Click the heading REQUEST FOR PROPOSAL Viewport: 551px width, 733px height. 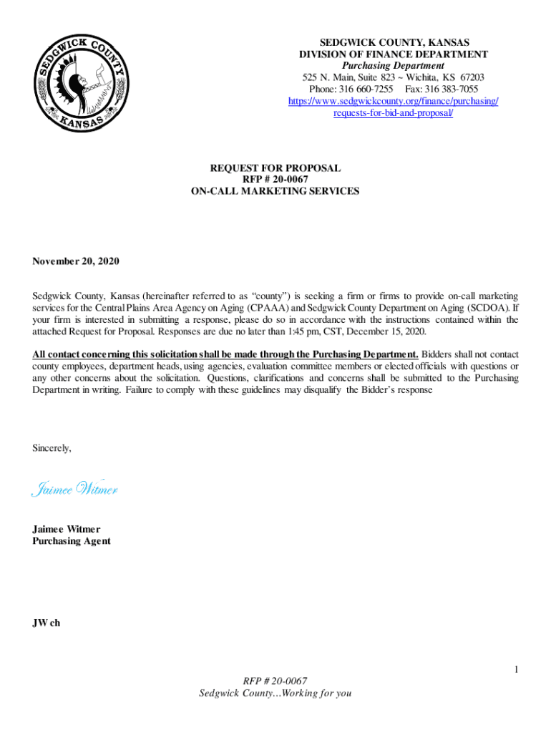275,168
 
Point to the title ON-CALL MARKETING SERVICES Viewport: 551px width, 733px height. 275,191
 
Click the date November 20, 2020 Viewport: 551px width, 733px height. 76,261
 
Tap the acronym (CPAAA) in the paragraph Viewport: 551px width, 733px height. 269,308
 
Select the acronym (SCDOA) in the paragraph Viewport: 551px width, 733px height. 483,308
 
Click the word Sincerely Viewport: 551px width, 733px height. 52,448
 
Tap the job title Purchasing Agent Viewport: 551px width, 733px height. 72,541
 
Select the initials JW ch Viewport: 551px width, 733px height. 47,623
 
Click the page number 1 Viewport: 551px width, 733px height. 515,669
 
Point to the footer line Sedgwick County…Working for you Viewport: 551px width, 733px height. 275,693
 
